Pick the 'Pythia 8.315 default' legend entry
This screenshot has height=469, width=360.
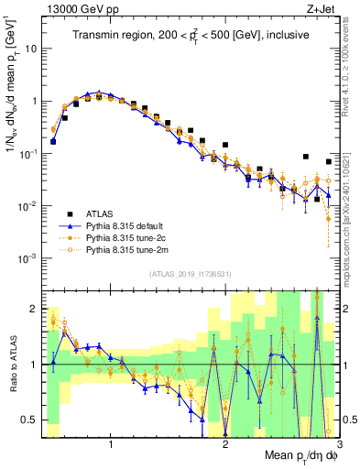(128, 223)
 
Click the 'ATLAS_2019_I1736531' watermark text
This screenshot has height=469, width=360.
(188, 274)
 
